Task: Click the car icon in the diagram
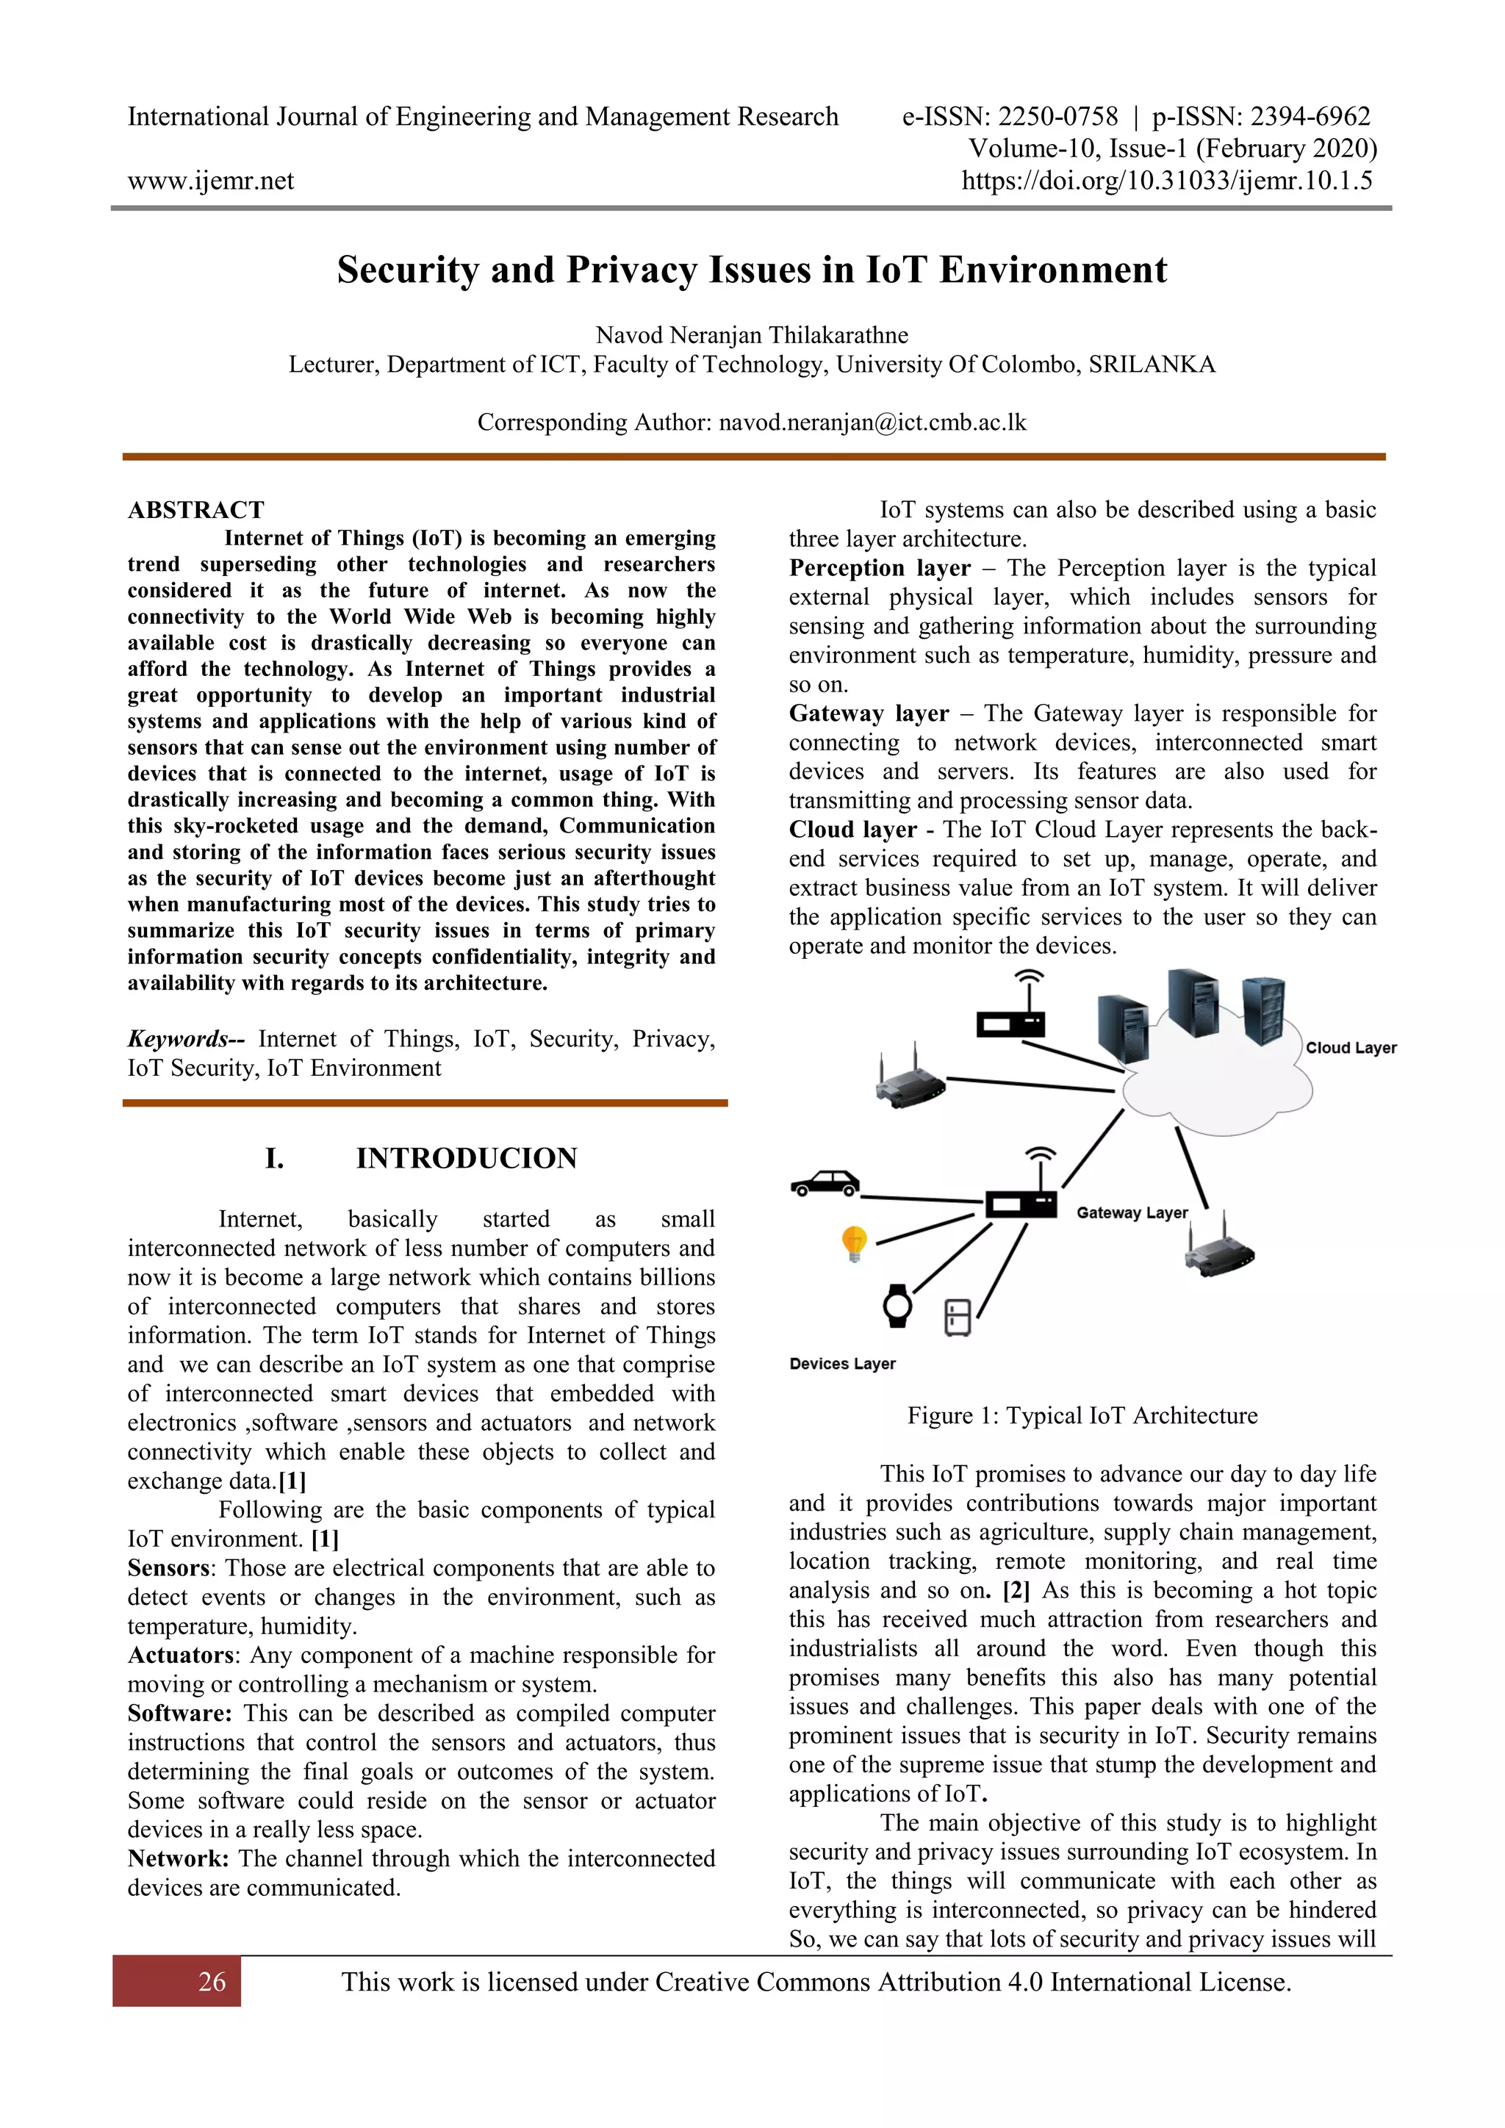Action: click(825, 1184)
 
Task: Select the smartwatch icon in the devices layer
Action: click(897, 1306)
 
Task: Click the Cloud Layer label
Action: click(1350, 1049)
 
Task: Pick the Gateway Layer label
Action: click(1132, 1213)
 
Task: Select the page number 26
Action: click(212, 1982)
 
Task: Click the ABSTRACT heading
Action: click(195, 510)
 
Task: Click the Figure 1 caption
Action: click(1082, 1415)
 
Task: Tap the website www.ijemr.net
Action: click(210, 180)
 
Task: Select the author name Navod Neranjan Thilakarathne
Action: click(752, 334)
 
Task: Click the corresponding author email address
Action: click(872, 423)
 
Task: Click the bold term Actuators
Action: click(180, 1656)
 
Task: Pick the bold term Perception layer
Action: click(880, 568)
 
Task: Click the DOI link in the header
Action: click(1167, 180)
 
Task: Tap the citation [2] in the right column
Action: click(1016, 1590)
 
